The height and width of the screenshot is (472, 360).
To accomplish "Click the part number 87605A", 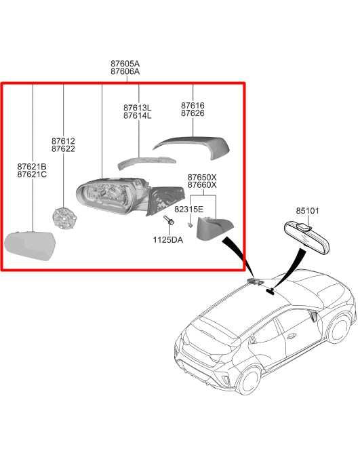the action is pyautogui.click(x=125, y=64).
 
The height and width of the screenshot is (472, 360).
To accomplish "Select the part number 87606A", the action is pyautogui.click(x=125, y=72).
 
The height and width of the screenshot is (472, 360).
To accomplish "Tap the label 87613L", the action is pyautogui.click(x=137, y=107).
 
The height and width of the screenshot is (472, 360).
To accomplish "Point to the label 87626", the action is pyautogui.click(x=193, y=113).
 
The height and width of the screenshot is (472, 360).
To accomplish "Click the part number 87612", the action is pyautogui.click(x=63, y=141).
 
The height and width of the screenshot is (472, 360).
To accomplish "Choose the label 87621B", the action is pyautogui.click(x=32, y=166).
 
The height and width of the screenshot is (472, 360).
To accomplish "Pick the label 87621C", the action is pyautogui.click(x=32, y=174).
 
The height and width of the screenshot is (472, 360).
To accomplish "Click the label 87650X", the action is pyautogui.click(x=202, y=177).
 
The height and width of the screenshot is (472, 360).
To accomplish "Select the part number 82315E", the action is pyautogui.click(x=189, y=209).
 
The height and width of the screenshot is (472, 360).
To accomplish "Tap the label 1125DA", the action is pyautogui.click(x=167, y=240).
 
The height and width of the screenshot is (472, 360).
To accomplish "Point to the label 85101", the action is pyautogui.click(x=307, y=211).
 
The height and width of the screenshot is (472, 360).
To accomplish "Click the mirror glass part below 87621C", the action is pyautogui.click(x=31, y=245).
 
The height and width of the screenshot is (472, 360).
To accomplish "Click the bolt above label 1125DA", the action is pyautogui.click(x=169, y=220).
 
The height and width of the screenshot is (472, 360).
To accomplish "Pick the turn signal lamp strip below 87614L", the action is pyautogui.click(x=146, y=162).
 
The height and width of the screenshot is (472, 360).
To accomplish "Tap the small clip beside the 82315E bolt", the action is pyautogui.click(x=190, y=224).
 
